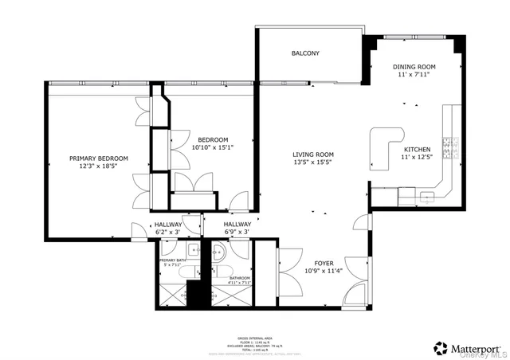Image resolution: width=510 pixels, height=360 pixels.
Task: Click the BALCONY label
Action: pyautogui.click(x=305, y=53)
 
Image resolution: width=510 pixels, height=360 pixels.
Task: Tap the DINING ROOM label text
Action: pyautogui.click(x=414, y=67)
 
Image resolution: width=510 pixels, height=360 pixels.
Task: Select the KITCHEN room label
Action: pyautogui.click(x=417, y=150)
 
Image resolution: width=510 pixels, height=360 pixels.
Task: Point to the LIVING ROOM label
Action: pyautogui.click(x=312, y=155)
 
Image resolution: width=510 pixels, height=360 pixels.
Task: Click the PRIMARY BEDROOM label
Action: pyautogui.click(x=98, y=158)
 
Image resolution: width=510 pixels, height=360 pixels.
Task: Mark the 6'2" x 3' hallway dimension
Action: pyautogui.click(x=168, y=233)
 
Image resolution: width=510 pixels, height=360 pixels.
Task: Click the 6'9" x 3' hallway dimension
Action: pyautogui.click(x=237, y=233)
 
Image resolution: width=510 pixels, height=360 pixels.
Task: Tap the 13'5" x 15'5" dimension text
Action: pyautogui.click(x=312, y=163)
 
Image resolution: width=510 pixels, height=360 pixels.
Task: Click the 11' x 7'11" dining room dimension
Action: pyautogui.click(x=414, y=75)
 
